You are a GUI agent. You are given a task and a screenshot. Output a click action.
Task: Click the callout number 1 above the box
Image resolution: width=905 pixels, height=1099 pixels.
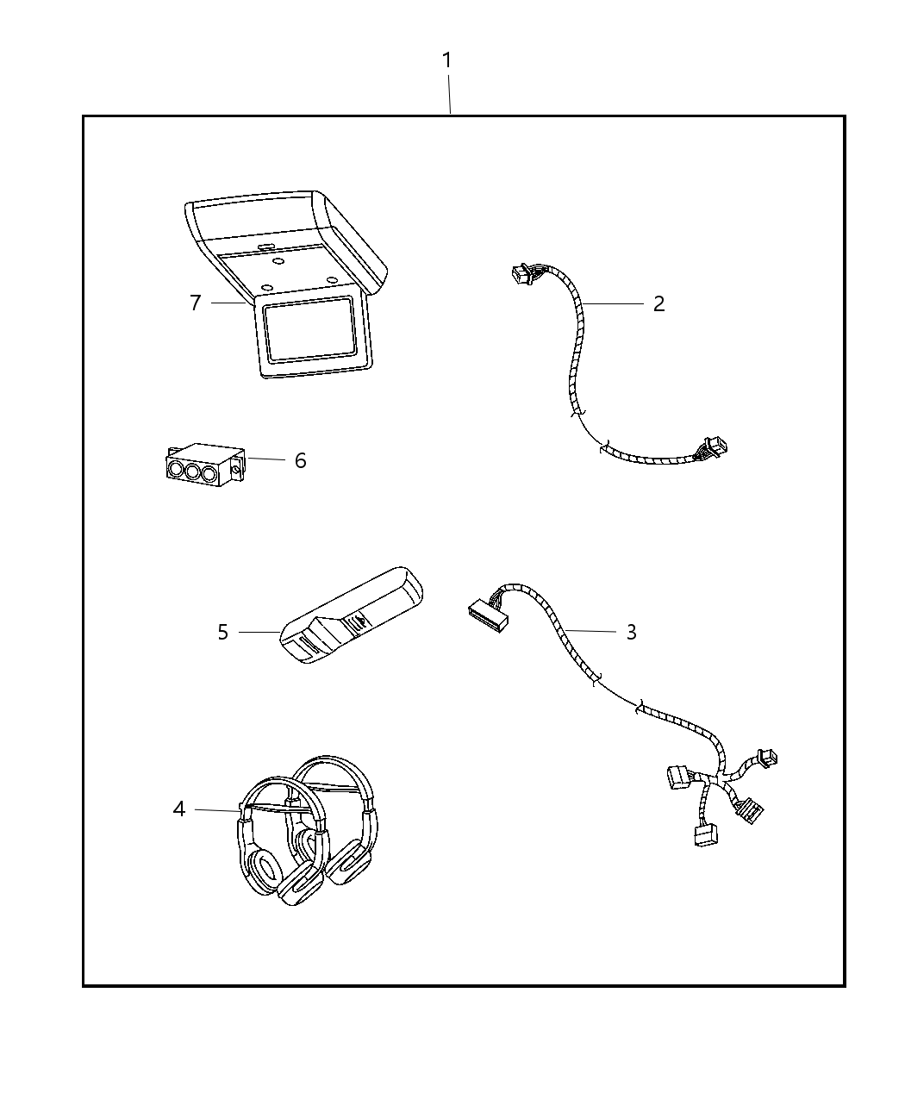[x=446, y=61]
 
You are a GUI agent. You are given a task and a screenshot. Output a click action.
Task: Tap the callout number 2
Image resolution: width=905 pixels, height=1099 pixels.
[x=658, y=303]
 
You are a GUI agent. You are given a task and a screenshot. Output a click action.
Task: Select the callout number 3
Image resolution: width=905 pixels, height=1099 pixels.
[x=631, y=632]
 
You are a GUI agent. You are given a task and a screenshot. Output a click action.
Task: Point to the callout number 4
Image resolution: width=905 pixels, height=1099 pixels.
[x=179, y=809]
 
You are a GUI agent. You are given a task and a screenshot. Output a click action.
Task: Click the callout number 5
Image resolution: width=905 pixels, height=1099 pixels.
[x=222, y=633]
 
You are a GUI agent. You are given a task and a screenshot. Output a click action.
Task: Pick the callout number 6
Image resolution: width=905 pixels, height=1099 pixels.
[x=300, y=460]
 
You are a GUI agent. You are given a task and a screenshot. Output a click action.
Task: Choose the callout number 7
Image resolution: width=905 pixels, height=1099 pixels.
[x=196, y=303]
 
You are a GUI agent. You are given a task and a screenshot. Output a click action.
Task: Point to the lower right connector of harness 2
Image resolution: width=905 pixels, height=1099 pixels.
[x=715, y=446]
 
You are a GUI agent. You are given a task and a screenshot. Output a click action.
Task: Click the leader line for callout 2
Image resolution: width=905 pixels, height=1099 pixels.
[x=614, y=303]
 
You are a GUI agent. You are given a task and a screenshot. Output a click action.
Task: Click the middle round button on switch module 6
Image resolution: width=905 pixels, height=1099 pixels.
[x=190, y=471]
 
